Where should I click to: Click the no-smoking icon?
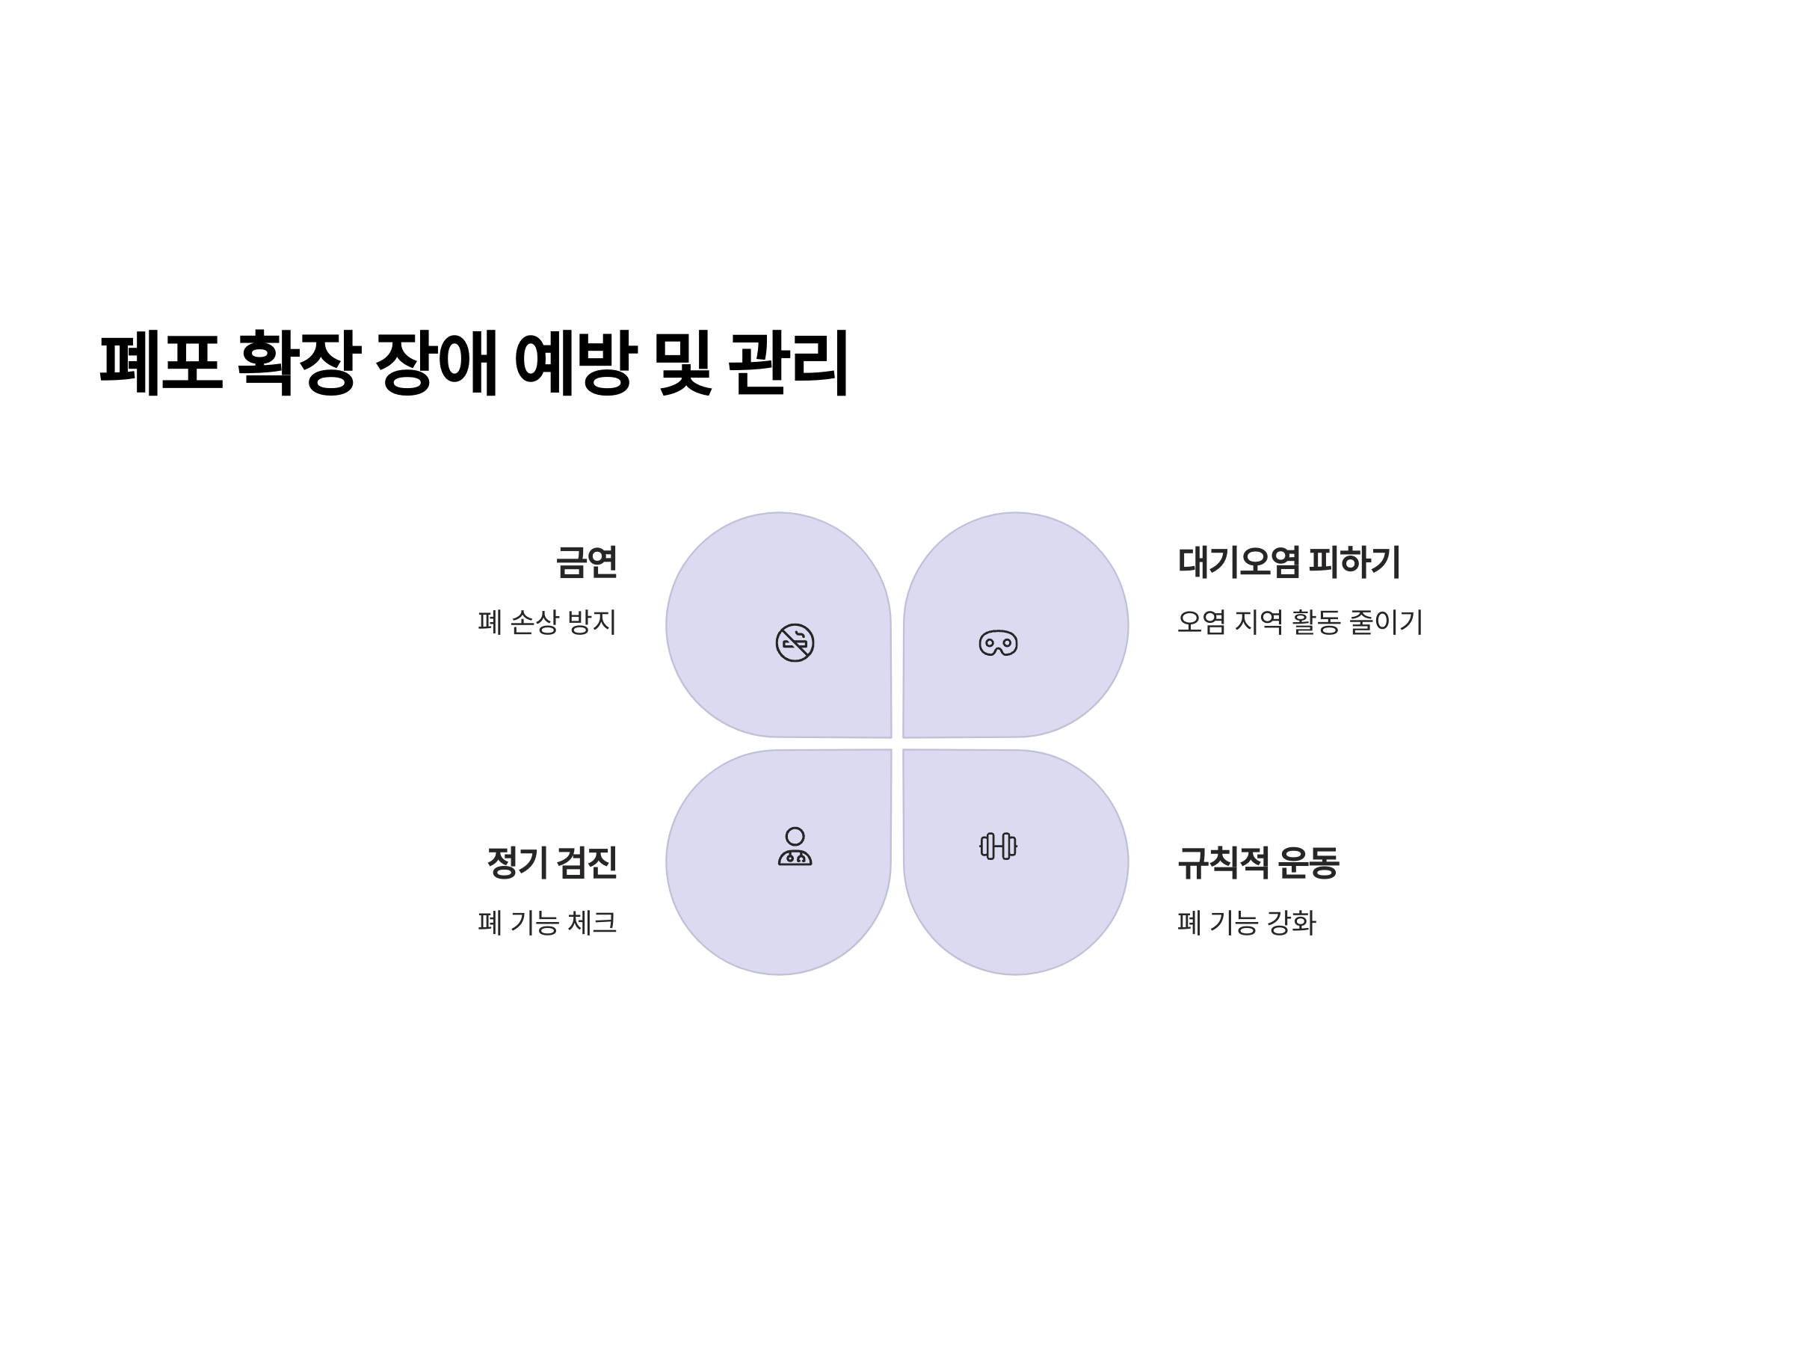point(794,642)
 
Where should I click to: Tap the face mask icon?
point(998,642)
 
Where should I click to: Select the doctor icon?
point(794,846)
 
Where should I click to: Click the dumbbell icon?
point(998,846)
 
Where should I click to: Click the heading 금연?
point(585,562)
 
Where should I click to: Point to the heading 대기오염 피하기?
point(1289,562)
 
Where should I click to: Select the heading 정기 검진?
point(552,861)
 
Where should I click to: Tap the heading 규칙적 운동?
point(1258,861)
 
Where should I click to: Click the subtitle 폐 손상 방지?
point(546,622)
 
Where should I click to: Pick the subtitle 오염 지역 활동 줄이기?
point(1299,622)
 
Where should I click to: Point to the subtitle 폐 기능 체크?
point(546,923)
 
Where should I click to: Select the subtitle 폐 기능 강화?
point(1246,923)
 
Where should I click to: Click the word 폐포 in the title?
point(161,362)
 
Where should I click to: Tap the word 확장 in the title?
point(298,362)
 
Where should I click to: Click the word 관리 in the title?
point(788,362)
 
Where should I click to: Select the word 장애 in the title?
point(437,362)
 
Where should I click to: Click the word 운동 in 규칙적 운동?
point(1307,861)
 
